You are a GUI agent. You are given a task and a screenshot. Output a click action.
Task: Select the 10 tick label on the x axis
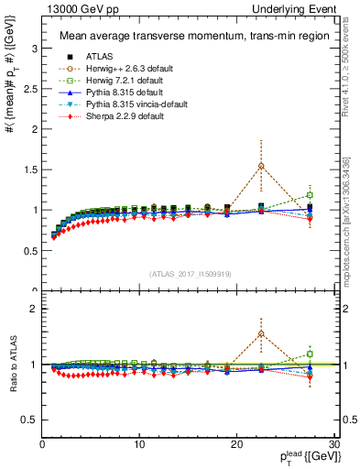pos(139,443)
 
